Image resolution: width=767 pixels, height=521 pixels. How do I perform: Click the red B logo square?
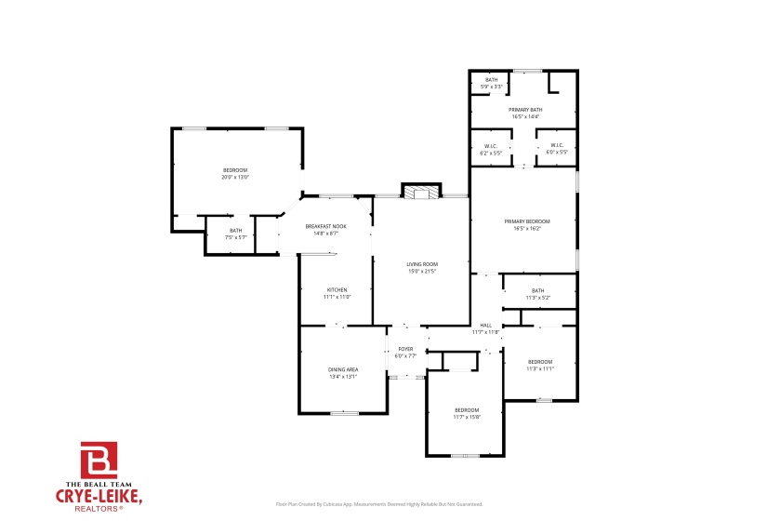coord(99,461)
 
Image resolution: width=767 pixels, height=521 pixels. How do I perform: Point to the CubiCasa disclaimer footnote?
coord(379,504)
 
